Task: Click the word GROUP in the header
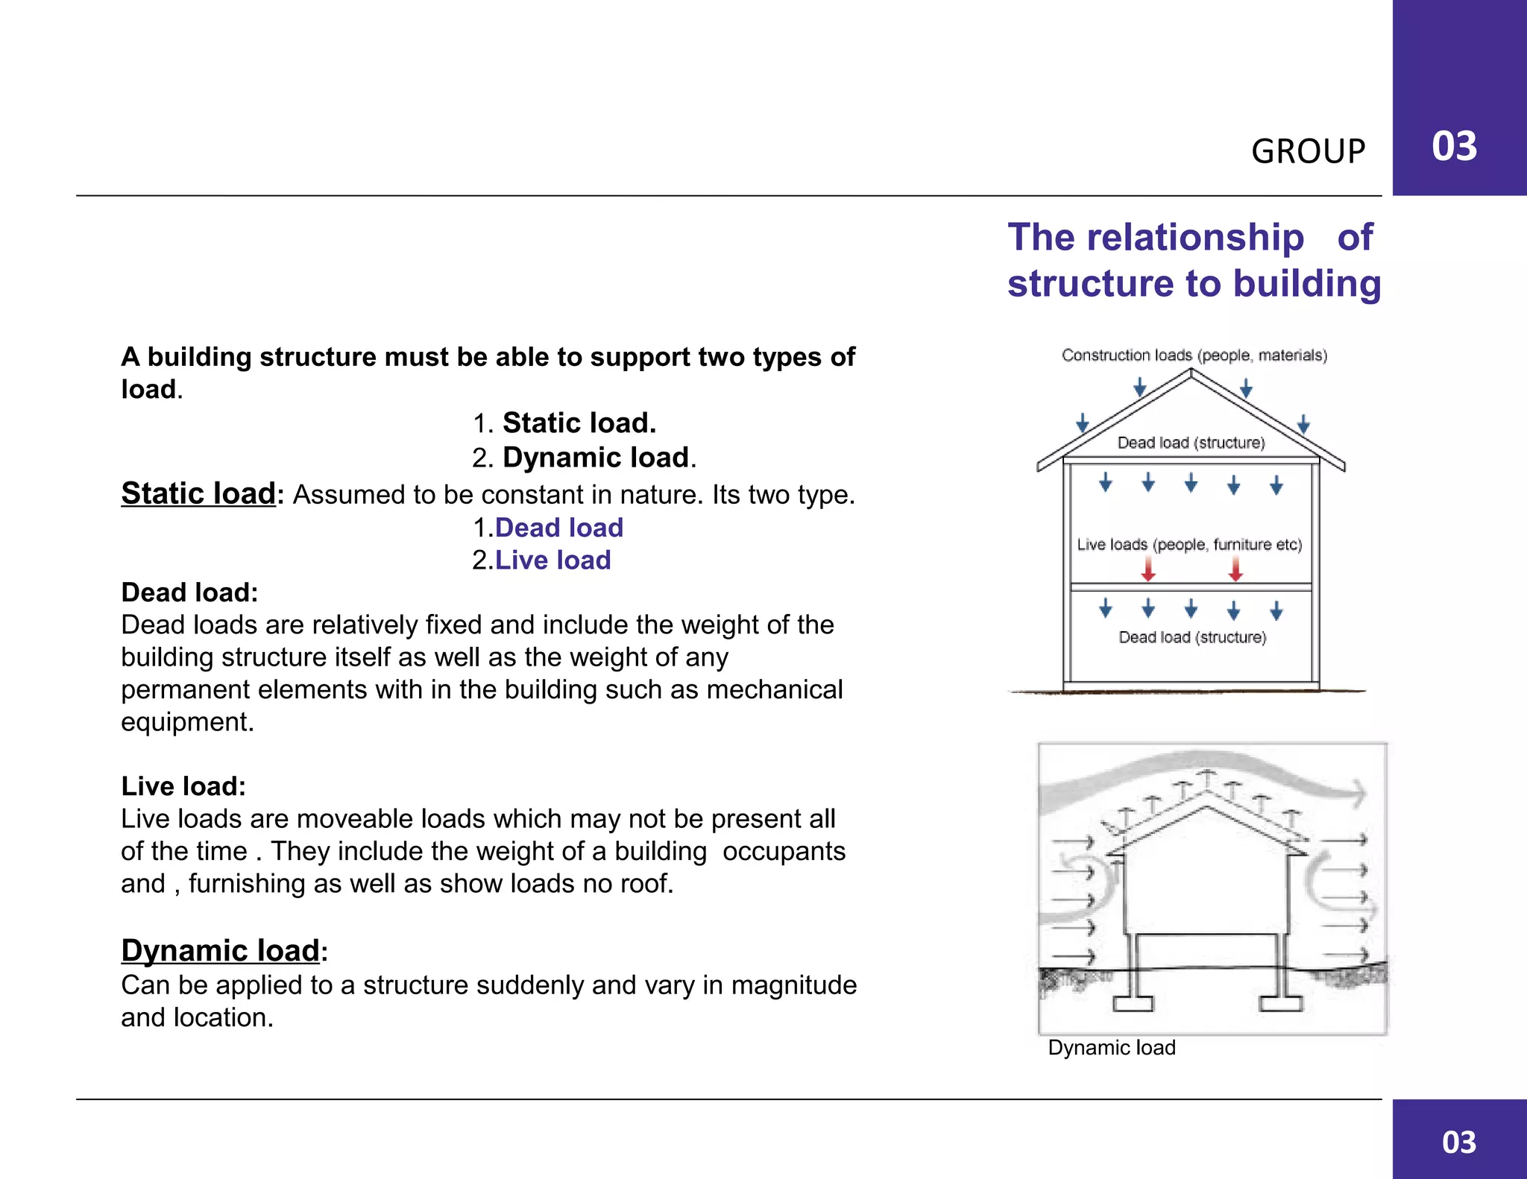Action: pos(1308,151)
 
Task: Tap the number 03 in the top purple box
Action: pos(1454,146)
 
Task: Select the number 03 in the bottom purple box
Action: pos(1459,1142)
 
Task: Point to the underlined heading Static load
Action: pos(198,493)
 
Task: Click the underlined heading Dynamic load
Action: pos(221,951)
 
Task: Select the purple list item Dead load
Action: pos(559,528)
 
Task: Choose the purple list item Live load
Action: pos(553,560)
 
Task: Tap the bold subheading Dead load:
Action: pos(189,592)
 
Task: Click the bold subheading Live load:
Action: pos(183,786)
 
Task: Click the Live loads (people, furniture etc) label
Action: pos(1189,545)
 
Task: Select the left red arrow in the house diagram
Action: pos(1149,570)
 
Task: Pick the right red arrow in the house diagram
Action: pos(1235,570)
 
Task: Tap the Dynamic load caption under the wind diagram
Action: pos(1112,1048)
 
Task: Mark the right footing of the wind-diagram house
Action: pos(1281,1003)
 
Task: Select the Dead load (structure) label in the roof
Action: pos(1191,443)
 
